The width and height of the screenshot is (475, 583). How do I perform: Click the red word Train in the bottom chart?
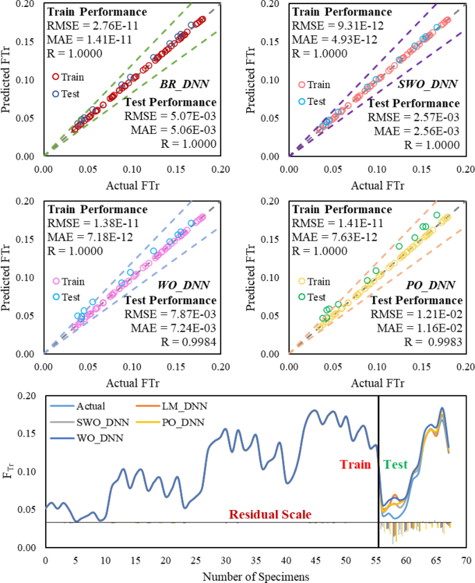(356, 464)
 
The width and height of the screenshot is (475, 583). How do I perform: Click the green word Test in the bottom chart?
(395, 464)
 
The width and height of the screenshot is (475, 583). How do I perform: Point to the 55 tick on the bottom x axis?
(375, 559)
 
